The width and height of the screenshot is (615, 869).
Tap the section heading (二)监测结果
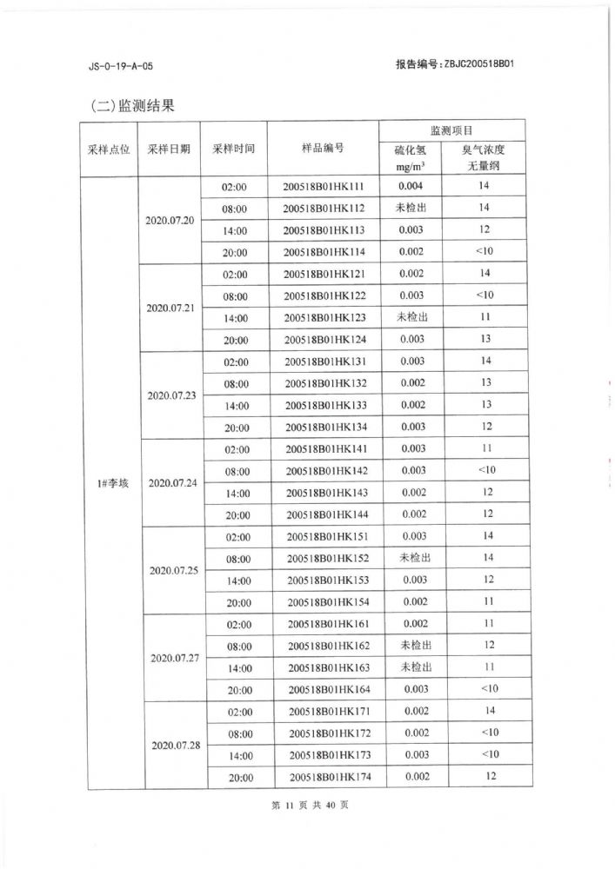click(132, 106)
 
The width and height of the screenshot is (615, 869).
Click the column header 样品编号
click(323, 149)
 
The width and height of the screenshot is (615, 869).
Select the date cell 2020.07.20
click(170, 219)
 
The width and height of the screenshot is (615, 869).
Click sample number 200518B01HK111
click(324, 187)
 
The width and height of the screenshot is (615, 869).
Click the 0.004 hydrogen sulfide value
click(411, 186)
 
